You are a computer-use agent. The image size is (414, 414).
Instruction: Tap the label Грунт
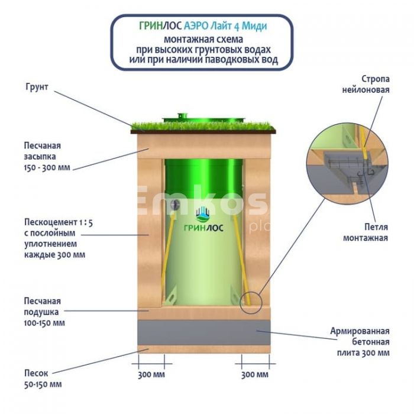pyautogui.click(x=37, y=88)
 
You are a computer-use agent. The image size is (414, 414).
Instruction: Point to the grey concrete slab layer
pyautogui.click(x=201, y=332)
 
